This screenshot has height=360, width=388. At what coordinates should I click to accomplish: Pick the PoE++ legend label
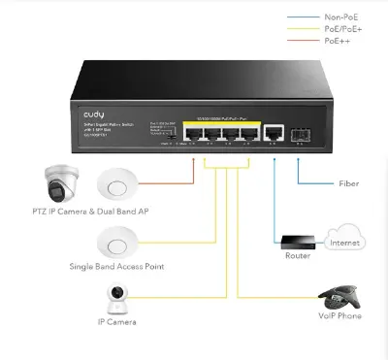click(x=337, y=42)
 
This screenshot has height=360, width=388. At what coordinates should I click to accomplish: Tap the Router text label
click(x=297, y=257)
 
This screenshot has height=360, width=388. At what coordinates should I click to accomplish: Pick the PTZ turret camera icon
click(x=58, y=182)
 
